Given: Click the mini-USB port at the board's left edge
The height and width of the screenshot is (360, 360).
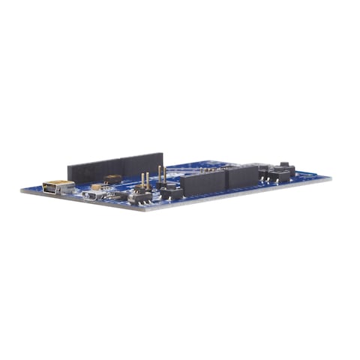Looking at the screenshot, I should [57, 187].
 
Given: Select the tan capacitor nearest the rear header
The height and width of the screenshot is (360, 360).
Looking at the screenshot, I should [112, 178].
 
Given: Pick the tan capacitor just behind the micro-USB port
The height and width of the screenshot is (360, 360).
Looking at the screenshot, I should [97, 187].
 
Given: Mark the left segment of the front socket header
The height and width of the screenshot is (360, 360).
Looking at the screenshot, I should [203, 183].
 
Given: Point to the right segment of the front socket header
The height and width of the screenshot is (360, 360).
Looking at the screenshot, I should [242, 177].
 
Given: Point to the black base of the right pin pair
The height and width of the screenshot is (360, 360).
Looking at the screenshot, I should [171, 193].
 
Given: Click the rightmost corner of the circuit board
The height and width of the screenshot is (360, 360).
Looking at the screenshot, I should [331, 179].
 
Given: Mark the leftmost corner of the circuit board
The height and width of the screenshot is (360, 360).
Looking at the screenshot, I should [21, 190].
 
